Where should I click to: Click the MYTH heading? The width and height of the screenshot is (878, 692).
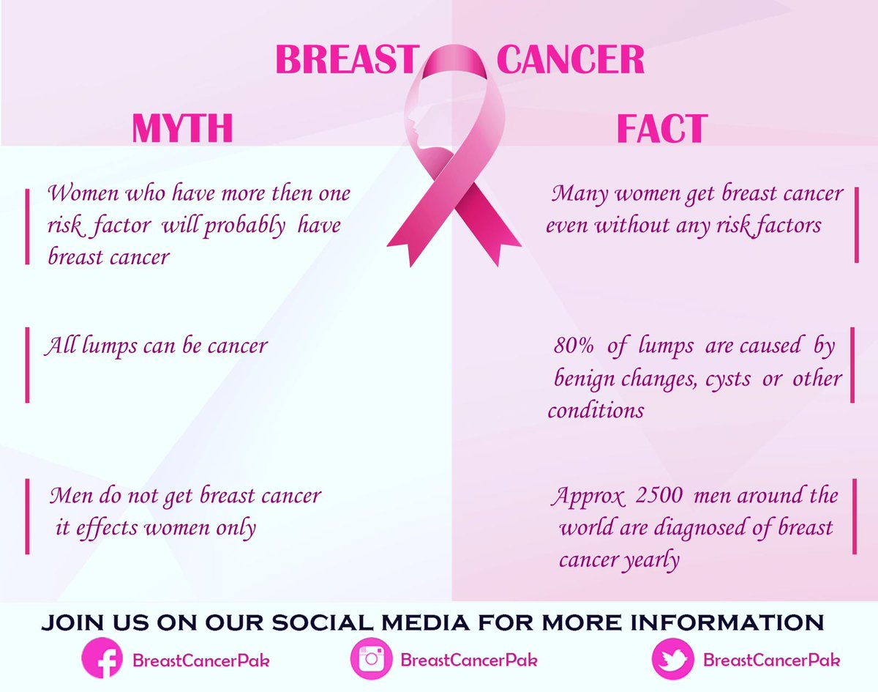coord(182,127)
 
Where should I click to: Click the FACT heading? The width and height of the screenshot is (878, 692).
coord(661,128)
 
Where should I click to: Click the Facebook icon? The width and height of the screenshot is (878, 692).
coord(100,658)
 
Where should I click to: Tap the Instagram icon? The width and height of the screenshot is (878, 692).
coord(371,658)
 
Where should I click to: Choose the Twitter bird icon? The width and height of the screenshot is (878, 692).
coord(672,658)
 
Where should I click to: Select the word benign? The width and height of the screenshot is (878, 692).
coord(585,379)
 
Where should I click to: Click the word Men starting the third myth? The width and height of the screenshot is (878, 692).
coord(67,496)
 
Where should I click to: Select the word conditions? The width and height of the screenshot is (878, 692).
coord(596,409)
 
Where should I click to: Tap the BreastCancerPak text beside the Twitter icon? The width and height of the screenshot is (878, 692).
coord(771,659)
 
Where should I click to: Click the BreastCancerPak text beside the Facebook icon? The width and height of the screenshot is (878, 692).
coord(200,659)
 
